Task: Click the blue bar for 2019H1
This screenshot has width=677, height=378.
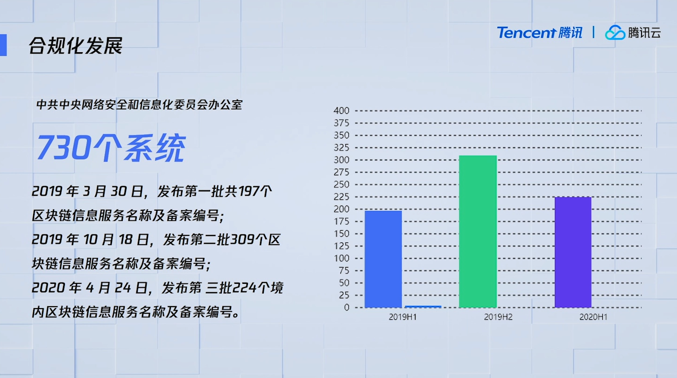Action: (x=383, y=259)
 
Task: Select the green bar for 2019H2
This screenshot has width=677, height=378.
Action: (x=478, y=231)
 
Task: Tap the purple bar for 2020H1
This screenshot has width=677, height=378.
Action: (x=573, y=252)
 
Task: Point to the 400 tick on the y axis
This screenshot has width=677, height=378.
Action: (x=341, y=111)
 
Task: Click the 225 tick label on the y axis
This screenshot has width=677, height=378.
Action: (x=341, y=197)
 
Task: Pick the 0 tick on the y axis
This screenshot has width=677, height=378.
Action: (x=346, y=308)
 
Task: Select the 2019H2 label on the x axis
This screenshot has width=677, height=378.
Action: (x=498, y=317)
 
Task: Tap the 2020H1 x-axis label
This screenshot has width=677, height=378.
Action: (x=593, y=317)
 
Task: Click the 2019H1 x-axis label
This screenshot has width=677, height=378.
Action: (x=402, y=317)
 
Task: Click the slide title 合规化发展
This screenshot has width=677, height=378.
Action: (x=76, y=46)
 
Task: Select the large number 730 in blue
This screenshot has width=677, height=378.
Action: (x=64, y=147)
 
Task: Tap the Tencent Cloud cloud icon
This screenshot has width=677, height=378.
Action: (x=615, y=33)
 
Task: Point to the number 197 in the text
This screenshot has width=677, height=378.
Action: (x=248, y=191)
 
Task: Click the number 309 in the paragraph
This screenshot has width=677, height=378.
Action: (x=242, y=240)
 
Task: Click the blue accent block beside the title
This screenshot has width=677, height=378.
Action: (x=3, y=45)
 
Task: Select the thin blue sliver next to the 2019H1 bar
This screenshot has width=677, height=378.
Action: (x=423, y=307)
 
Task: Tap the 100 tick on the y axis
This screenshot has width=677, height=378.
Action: (x=341, y=258)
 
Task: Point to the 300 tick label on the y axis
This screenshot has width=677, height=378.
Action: (x=341, y=160)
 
